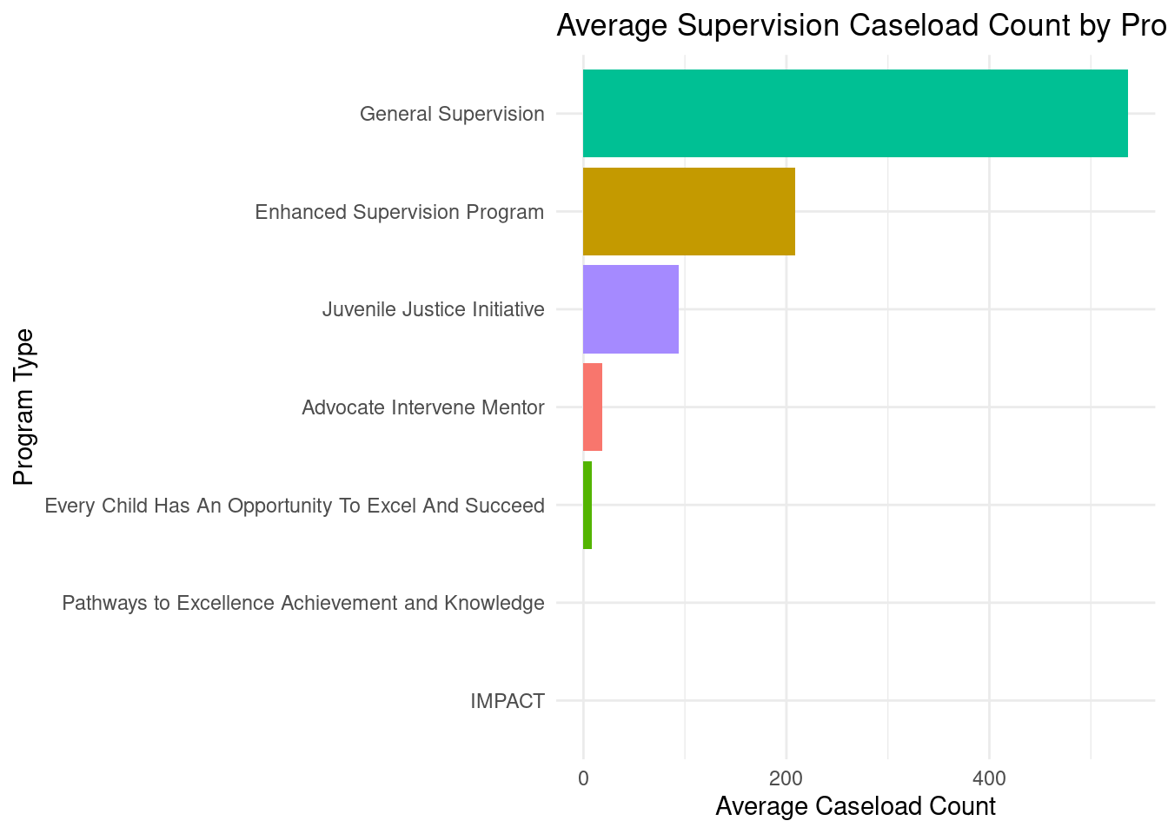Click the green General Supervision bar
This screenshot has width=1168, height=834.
coord(855,113)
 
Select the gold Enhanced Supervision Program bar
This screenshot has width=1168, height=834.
coord(688,211)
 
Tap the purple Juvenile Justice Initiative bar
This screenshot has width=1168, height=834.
coord(630,309)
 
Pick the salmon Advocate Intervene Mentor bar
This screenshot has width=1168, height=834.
coord(593,407)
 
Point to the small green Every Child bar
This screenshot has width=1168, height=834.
coord(587,505)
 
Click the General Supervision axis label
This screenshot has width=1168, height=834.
coord(452,114)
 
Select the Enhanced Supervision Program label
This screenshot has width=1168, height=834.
coord(399,212)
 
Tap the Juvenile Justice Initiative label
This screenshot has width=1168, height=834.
coord(433,309)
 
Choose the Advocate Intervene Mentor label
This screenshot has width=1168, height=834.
coord(422,407)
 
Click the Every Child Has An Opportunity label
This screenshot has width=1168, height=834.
coord(294,506)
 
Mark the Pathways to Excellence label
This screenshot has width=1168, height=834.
coord(302,603)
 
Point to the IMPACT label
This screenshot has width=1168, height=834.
coord(508,701)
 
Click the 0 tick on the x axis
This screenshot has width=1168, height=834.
coord(583,778)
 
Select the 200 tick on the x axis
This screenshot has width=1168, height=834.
coord(786,778)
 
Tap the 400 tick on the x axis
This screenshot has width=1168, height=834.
coord(989,778)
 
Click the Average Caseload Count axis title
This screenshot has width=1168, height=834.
coord(855,806)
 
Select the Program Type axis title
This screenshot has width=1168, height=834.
coord(23,407)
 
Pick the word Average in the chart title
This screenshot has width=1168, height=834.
coord(612,25)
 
